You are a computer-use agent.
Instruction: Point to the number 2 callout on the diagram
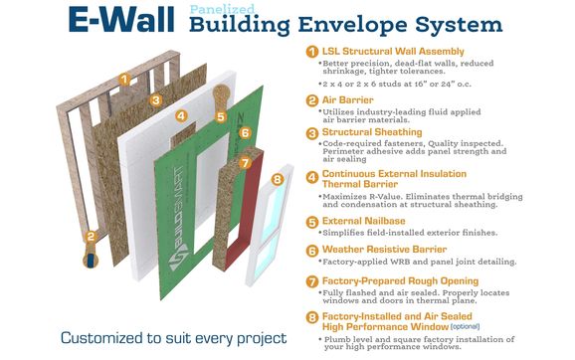tap(91, 236)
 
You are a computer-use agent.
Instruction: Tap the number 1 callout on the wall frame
tap(124, 78)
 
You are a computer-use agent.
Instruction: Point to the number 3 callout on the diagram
tap(156, 99)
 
